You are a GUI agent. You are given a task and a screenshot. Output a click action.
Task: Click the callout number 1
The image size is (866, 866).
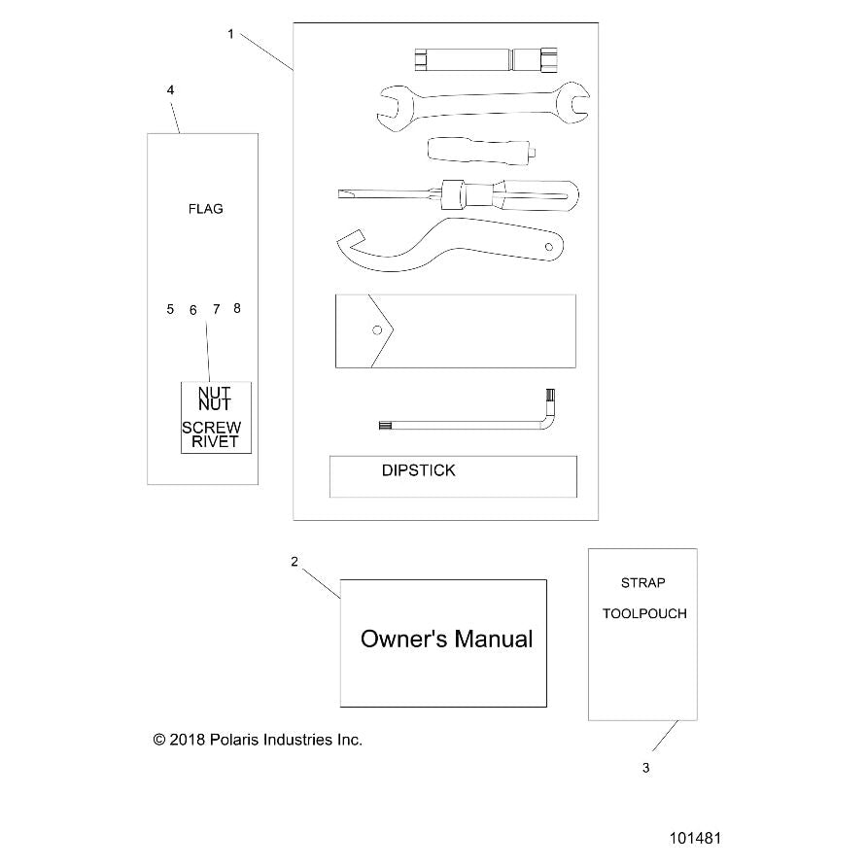(x=231, y=34)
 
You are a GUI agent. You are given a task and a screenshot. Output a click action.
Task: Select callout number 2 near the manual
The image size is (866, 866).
(x=294, y=562)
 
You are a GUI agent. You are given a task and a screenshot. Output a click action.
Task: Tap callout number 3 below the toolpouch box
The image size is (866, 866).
(x=645, y=768)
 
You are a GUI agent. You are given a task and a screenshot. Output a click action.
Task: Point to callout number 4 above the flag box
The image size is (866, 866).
(x=171, y=90)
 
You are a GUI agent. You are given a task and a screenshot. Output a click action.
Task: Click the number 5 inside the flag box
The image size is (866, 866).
(x=170, y=309)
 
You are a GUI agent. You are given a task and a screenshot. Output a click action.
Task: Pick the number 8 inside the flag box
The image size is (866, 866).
(x=237, y=308)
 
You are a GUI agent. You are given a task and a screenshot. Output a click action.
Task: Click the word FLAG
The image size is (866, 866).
(x=205, y=209)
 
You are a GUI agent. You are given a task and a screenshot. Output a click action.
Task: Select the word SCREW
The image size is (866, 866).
(x=212, y=428)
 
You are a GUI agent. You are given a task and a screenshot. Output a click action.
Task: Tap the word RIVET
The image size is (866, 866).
(x=215, y=442)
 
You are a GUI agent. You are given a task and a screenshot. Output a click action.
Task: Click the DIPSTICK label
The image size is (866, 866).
(x=419, y=470)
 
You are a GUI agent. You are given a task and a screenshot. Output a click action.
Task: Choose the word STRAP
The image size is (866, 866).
(x=642, y=582)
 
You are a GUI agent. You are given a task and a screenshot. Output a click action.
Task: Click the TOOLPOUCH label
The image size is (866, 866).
(x=644, y=613)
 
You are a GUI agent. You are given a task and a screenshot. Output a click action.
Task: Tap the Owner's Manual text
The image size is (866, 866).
(x=446, y=639)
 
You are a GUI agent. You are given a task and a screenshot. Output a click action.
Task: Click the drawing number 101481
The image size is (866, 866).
(x=695, y=839)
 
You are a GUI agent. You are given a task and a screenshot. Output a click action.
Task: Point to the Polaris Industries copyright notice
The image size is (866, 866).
(x=258, y=740)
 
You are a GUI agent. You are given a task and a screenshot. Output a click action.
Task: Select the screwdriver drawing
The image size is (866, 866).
(x=459, y=195)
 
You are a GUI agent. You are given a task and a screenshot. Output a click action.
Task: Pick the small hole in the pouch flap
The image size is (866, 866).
(x=377, y=330)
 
